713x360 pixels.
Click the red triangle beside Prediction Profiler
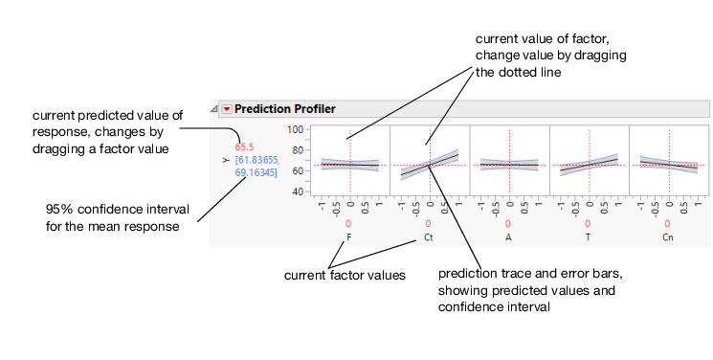[227, 109]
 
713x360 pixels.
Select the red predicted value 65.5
[246, 147]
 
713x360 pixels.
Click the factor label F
[349, 236]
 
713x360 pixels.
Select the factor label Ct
[429, 236]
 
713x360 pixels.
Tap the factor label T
[588, 236]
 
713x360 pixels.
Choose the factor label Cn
[667, 236]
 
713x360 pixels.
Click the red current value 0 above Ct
[429, 224]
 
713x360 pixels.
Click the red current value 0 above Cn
[667, 224]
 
